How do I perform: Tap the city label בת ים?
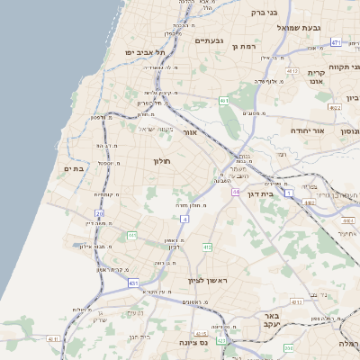point(73,168)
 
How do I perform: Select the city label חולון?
point(162,160)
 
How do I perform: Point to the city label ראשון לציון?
point(209,281)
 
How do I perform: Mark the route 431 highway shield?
point(133,283)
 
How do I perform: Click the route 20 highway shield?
point(99,213)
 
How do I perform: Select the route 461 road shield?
point(223,100)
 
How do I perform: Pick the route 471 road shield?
point(336,42)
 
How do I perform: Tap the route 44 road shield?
point(236,192)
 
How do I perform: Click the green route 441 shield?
point(131,236)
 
